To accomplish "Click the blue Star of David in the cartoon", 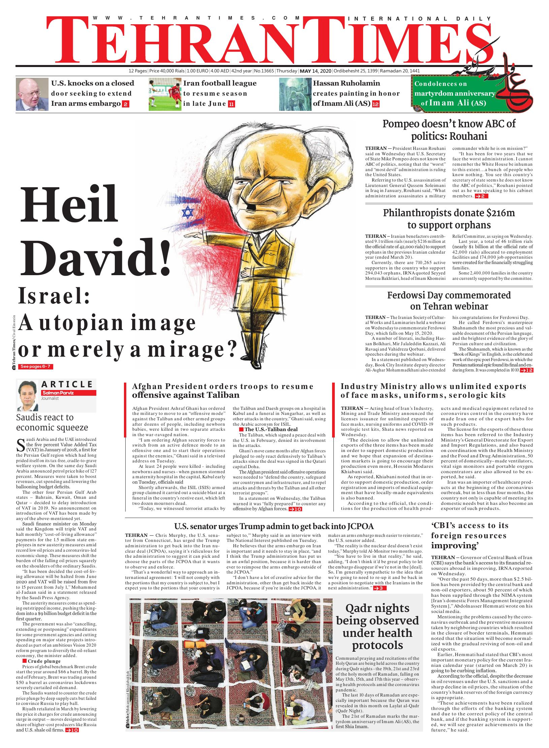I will [x=187, y=213].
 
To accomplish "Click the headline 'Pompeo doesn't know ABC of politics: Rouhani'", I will [x=449, y=130].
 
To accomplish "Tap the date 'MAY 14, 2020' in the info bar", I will [x=316, y=71].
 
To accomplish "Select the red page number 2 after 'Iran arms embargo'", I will [x=125, y=104].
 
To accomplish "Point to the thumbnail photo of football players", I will [x=164, y=94].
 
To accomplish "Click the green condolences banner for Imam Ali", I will [x=455, y=93].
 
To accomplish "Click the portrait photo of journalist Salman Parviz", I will [x=28, y=395].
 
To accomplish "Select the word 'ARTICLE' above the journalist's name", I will [x=67, y=384].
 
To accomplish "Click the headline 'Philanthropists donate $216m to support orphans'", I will [x=449, y=219].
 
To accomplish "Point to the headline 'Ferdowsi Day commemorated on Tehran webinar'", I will [x=449, y=301].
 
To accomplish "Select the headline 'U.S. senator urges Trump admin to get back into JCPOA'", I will [x=274, y=526].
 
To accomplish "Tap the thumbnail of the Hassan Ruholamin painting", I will [x=295, y=94].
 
